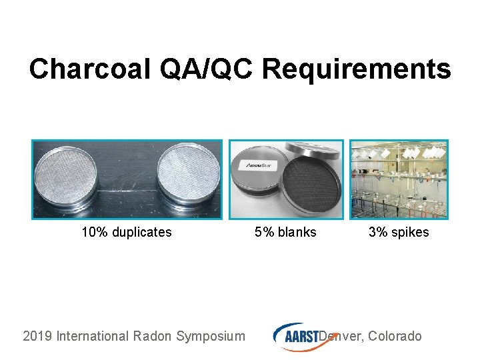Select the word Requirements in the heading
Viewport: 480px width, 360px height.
point(357,69)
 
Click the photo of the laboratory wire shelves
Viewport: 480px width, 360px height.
point(399,179)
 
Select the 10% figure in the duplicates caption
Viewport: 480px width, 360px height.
point(93,233)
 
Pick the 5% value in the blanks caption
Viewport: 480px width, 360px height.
point(264,233)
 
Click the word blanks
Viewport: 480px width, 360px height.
point(297,233)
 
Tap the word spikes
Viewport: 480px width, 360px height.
point(411,233)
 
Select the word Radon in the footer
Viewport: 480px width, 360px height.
point(151,336)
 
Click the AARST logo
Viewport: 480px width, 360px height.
point(297,336)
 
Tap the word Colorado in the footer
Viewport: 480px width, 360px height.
point(395,336)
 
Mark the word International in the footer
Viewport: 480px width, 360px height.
point(92,336)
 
